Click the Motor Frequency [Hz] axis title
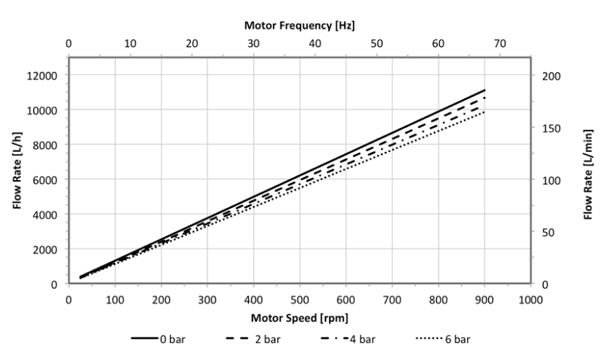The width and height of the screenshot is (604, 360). pyautogui.click(x=299, y=25)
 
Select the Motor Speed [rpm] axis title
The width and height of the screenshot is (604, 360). pyautogui.click(x=299, y=317)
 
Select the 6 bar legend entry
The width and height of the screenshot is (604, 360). pyautogui.click(x=450, y=339)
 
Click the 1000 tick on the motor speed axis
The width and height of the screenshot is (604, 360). pyautogui.click(x=531, y=297)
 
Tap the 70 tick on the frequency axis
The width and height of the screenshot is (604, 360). pyautogui.click(x=500, y=44)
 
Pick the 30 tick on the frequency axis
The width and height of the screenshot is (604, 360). pyautogui.click(x=253, y=44)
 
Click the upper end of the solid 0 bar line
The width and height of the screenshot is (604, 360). pyautogui.click(x=485, y=90)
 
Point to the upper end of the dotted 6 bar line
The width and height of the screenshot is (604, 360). pyautogui.click(x=485, y=112)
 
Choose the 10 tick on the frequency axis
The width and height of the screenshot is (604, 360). pyautogui.click(x=130, y=44)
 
